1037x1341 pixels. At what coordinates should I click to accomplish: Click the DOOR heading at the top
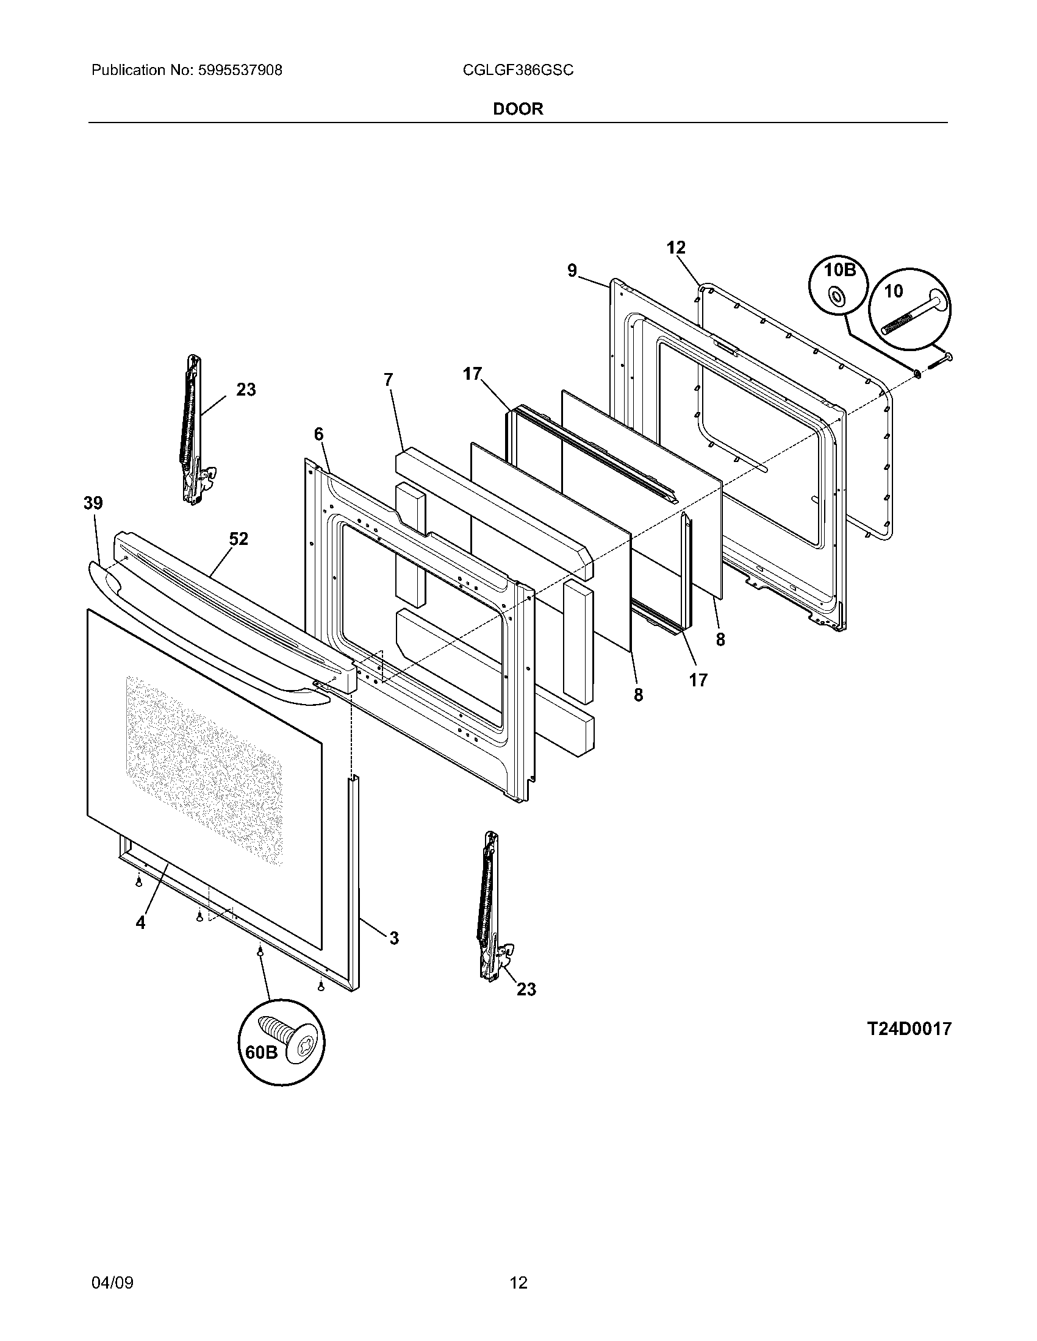(518, 109)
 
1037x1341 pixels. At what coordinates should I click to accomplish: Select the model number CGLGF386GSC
(518, 71)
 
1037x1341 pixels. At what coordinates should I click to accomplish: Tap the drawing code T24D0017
(909, 1028)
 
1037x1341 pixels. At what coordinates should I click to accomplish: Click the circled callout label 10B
(840, 269)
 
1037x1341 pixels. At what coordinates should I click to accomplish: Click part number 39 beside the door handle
(93, 503)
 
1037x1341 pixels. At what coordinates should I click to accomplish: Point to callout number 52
(239, 539)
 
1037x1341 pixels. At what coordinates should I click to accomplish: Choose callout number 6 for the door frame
(318, 435)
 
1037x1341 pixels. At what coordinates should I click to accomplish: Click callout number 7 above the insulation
(387, 380)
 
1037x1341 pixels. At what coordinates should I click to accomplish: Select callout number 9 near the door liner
(572, 270)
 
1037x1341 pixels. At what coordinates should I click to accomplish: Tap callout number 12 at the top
(676, 247)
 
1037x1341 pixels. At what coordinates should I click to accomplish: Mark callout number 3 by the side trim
(394, 937)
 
